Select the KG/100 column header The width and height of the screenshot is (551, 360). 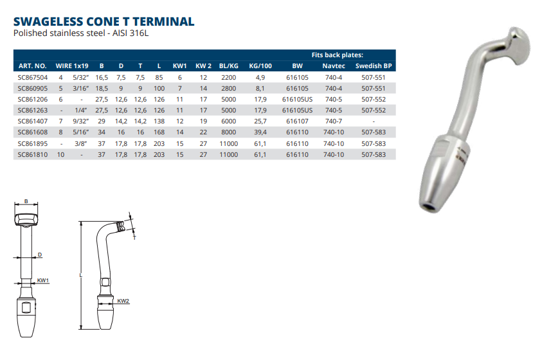pyautogui.click(x=260, y=66)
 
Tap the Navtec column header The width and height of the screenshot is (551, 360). pyautogui.click(x=333, y=66)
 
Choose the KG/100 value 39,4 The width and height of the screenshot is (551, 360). pyautogui.click(x=260, y=132)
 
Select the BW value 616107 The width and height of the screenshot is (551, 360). pyautogui.click(x=297, y=121)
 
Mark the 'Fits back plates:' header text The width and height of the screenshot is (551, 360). pyautogui.click(x=338, y=55)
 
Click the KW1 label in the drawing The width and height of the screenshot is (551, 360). pyautogui.click(x=43, y=281)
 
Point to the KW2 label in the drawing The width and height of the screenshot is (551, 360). pyautogui.click(x=123, y=301)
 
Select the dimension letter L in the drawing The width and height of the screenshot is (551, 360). pyautogui.click(x=80, y=274)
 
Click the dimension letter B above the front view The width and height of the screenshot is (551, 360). pyautogui.click(x=26, y=201)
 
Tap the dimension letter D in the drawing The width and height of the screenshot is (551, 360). pyautogui.click(x=40, y=255)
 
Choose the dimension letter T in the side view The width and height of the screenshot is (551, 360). pyautogui.click(x=134, y=237)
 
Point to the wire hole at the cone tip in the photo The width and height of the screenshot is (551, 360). pyautogui.click(x=429, y=206)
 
